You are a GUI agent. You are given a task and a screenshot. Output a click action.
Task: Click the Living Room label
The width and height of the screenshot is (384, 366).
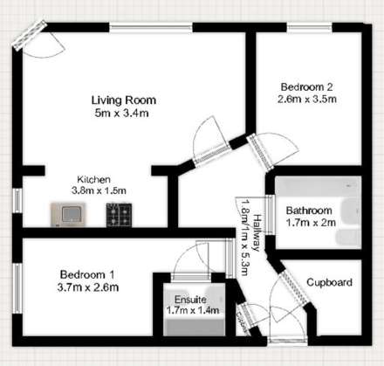121,100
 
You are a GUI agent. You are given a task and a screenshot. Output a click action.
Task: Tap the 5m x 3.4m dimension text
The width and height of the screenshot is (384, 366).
121,114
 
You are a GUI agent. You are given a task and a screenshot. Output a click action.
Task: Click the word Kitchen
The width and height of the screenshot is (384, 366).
93,178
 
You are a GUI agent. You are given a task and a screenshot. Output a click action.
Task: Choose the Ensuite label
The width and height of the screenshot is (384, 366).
190,299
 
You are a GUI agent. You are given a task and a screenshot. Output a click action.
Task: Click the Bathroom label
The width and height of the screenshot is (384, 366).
309,211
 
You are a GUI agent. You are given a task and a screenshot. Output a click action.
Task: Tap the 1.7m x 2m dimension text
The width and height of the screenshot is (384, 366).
309,223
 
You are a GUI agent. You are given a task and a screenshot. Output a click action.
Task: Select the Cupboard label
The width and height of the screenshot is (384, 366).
329,282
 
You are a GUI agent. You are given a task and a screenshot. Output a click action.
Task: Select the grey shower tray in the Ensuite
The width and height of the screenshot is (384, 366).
190,325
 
